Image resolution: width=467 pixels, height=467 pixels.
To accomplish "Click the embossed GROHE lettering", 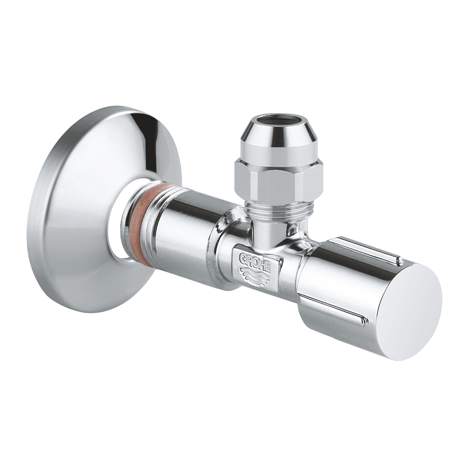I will pyautogui.click(x=255, y=262).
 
